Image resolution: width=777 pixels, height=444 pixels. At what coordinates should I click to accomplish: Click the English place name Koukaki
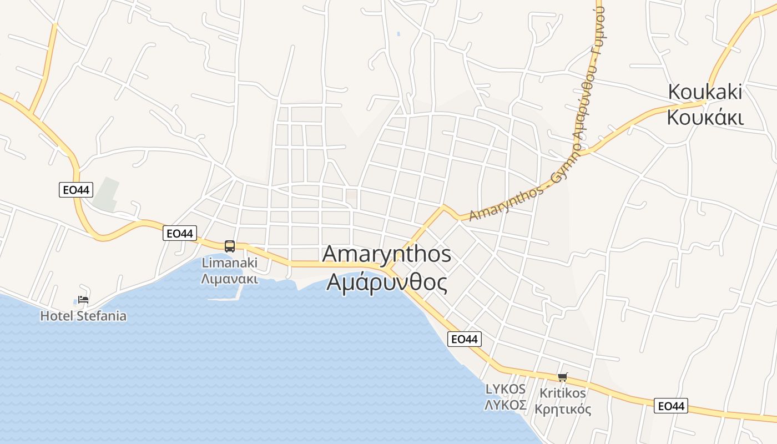tap(705, 92)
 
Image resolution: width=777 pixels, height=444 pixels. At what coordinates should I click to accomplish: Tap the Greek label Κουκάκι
tap(705, 117)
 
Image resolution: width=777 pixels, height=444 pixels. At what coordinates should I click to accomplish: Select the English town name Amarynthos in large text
tap(386, 254)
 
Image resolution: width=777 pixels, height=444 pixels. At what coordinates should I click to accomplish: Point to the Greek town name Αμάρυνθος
tap(386, 282)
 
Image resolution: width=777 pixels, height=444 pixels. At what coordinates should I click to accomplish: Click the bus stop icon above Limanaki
tap(229, 246)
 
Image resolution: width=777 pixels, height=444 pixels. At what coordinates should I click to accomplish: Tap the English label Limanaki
tap(229, 262)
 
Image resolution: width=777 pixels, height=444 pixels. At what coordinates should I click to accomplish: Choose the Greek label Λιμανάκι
tap(229, 278)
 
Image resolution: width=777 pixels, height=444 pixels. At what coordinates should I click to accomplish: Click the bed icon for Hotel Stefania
tap(83, 300)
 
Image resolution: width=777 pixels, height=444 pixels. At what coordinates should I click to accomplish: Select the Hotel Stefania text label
tap(83, 316)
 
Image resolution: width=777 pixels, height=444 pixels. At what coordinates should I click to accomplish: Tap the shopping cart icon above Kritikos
tap(563, 377)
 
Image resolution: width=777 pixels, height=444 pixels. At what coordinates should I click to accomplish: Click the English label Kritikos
tap(563, 393)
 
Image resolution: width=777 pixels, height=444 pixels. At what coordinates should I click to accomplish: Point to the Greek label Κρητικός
tap(563, 410)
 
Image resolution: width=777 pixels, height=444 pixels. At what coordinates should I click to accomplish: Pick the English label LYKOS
tap(506, 389)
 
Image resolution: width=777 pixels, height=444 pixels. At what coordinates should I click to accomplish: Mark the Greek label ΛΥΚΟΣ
tap(506, 405)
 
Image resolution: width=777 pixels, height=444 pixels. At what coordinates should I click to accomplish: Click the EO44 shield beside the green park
tap(75, 190)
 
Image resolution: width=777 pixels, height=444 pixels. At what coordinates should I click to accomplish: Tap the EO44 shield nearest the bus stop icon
tap(180, 233)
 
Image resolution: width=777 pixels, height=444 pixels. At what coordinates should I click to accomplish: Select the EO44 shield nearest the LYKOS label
tap(465, 339)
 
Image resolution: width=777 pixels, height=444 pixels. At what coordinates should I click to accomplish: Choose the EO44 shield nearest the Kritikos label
tap(670, 406)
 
